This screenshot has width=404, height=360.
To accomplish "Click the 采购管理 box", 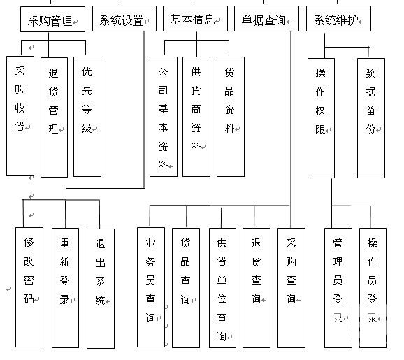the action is (x=52, y=20).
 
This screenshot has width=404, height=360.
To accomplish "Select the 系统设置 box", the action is (x=124, y=19).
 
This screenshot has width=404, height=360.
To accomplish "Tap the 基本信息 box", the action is (x=195, y=19).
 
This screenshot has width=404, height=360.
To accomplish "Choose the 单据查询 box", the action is (x=266, y=19).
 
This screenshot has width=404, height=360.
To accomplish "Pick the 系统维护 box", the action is (x=338, y=19).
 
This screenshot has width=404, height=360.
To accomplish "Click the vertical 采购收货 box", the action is (x=20, y=116).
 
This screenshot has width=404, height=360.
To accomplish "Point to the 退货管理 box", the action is (x=54, y=117).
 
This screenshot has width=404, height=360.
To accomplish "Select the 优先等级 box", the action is (x=87, y=117).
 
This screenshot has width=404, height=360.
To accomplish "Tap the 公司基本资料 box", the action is (x=164, y=117).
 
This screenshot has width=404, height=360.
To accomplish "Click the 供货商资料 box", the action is (x=196, y=117).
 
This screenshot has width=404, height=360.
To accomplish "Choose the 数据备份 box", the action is (x=371, y=118).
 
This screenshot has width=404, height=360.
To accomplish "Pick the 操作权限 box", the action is (x=321, y=118).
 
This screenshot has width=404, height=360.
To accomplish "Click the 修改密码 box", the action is (x=29, y=287).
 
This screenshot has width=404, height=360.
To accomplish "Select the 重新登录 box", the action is (x=65, y=288).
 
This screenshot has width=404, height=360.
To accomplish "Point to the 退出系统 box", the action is (x=101, y=289).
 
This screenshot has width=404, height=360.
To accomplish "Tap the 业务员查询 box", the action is (x=151, y=287).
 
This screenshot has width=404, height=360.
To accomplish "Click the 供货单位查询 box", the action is (x=222, y=288).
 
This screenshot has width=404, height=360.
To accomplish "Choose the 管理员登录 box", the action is (x=338, y=288).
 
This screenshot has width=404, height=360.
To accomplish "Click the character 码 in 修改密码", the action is (x=29, y=299).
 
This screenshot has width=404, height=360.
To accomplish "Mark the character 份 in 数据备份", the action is (x=370, y=129).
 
